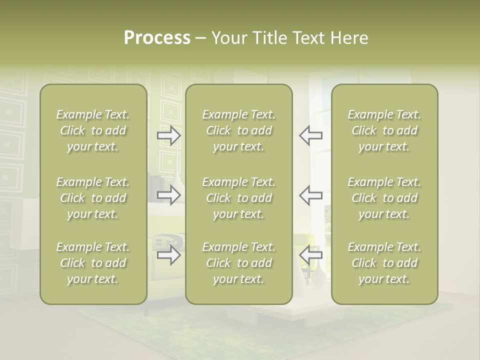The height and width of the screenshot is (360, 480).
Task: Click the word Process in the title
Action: coord(157,38)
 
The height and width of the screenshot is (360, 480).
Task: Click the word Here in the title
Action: coord(349,38)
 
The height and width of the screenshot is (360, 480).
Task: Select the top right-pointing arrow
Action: coord(168,135)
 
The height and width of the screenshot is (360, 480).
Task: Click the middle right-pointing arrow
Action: coord(168,195)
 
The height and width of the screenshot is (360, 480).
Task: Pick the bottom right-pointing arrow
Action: coord(168,255)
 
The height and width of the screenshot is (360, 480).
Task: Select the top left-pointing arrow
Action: coord(311,135)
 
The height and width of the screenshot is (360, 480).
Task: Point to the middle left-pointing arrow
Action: coord(311,195)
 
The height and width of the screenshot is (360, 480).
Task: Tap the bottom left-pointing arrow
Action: coord(311,255)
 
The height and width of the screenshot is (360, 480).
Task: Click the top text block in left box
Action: coord(93,130)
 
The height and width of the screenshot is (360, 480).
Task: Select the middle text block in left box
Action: coord(93,198)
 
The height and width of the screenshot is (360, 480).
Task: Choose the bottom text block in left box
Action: coord(93,263)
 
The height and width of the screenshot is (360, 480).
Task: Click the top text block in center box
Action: coord(238,130)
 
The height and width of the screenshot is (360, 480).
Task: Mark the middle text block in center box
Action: coord(238,198)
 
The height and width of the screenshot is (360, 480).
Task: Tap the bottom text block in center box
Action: coord(238,263)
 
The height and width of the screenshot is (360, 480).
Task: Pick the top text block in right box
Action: coord(384,130)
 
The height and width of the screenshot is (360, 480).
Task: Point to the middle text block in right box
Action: coord(384,198)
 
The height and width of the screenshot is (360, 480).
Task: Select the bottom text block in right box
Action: coord(384,263)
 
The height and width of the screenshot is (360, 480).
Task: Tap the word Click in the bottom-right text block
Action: coord(364,263)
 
